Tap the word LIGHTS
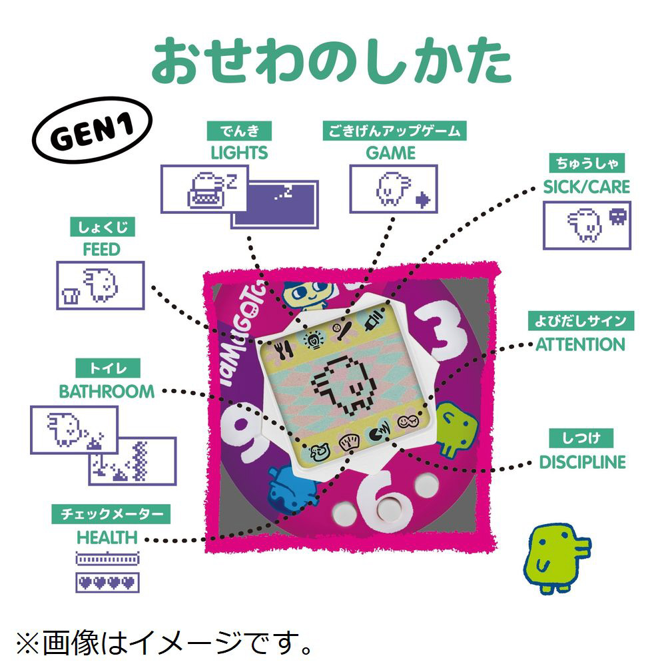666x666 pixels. coord(239,153)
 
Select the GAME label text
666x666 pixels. coord(391,153)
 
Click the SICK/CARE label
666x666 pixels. coord(586,186)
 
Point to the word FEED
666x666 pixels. coord(101,250)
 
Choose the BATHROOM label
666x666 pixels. coord(107,391)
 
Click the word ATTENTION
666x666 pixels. coord(581,344)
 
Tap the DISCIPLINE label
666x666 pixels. coord(582,462)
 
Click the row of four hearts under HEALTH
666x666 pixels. coord(107,581)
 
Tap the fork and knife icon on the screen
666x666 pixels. coord(285,346)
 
